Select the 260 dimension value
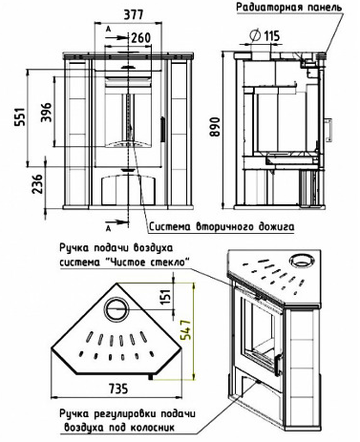[x=141, y=38]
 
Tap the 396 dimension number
[x=46, y=112]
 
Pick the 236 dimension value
[x=38, y=183]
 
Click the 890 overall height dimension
[x=216, y=127]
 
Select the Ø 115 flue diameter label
[x=265, y=35]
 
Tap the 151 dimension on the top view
[x=166, y=296]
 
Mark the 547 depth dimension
[x=186, y=329]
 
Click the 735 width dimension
[x=118, y=389]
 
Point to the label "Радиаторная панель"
[x=288, y=7]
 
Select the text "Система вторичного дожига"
[x=222, y=227]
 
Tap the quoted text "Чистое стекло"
[x=147, y=263]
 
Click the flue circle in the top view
[x=116, y=308]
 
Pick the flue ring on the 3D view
[x=301, y=261]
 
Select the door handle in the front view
[x=162, y=129]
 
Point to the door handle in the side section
[x=328, y=130]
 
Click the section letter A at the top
[x=108, y=30]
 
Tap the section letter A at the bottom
[x=108, y=228]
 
